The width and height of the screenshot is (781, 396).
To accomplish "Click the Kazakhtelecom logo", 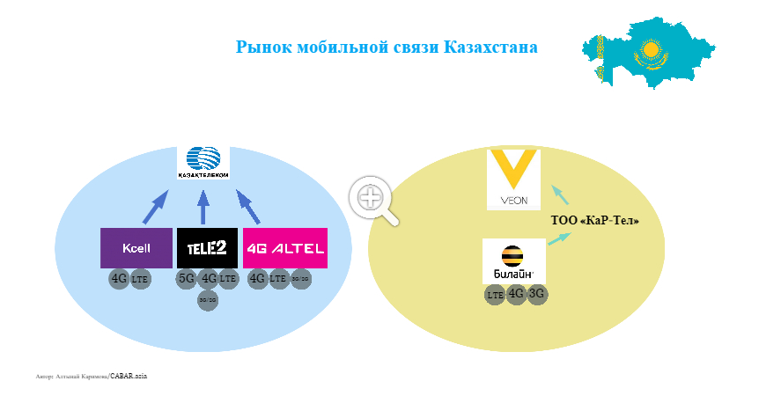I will coord(203,161).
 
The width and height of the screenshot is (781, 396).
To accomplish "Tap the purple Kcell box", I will coord(136,248).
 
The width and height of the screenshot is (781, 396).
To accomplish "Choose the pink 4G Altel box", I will coord(285,248).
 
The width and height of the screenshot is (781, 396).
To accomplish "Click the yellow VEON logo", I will coord(513,180).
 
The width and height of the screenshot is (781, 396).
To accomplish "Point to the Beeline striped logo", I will coord(514,260).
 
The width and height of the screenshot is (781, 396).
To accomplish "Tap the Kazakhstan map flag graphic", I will coord(644,52).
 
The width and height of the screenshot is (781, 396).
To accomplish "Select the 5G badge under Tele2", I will coord(187,279).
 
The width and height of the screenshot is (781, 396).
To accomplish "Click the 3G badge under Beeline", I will coord(537,294).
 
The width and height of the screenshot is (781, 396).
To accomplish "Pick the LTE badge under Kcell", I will coord(141,280).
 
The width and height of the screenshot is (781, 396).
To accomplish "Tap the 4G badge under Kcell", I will coord(119,280).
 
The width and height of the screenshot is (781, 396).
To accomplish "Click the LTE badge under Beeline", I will coord(495,295).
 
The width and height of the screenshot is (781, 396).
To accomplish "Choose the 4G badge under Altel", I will coord(257,279).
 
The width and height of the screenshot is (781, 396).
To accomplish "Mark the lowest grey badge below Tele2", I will coord(208,300).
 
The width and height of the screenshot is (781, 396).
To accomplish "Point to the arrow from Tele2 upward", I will coord(203,208).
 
